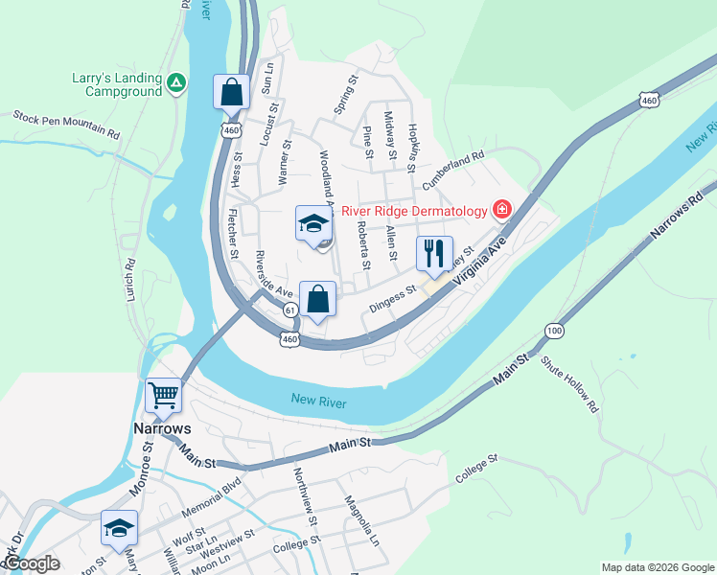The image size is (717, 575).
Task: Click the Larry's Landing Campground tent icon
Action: [175, 84]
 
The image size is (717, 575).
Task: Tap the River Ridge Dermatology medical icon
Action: [500, 208]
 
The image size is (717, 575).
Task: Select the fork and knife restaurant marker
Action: [434, 254]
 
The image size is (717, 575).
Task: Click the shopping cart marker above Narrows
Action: [163, 395]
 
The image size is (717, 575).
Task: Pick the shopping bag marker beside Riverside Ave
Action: [318, 299]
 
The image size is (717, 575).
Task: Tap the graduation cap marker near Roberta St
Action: [312, 225]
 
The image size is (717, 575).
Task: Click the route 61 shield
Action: [289, 309]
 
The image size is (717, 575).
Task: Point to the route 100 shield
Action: [554, 331]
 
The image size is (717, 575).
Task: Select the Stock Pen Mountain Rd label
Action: [66, 125]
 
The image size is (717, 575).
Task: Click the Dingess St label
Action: [392, 298]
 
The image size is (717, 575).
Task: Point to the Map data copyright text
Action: [657, 567]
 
